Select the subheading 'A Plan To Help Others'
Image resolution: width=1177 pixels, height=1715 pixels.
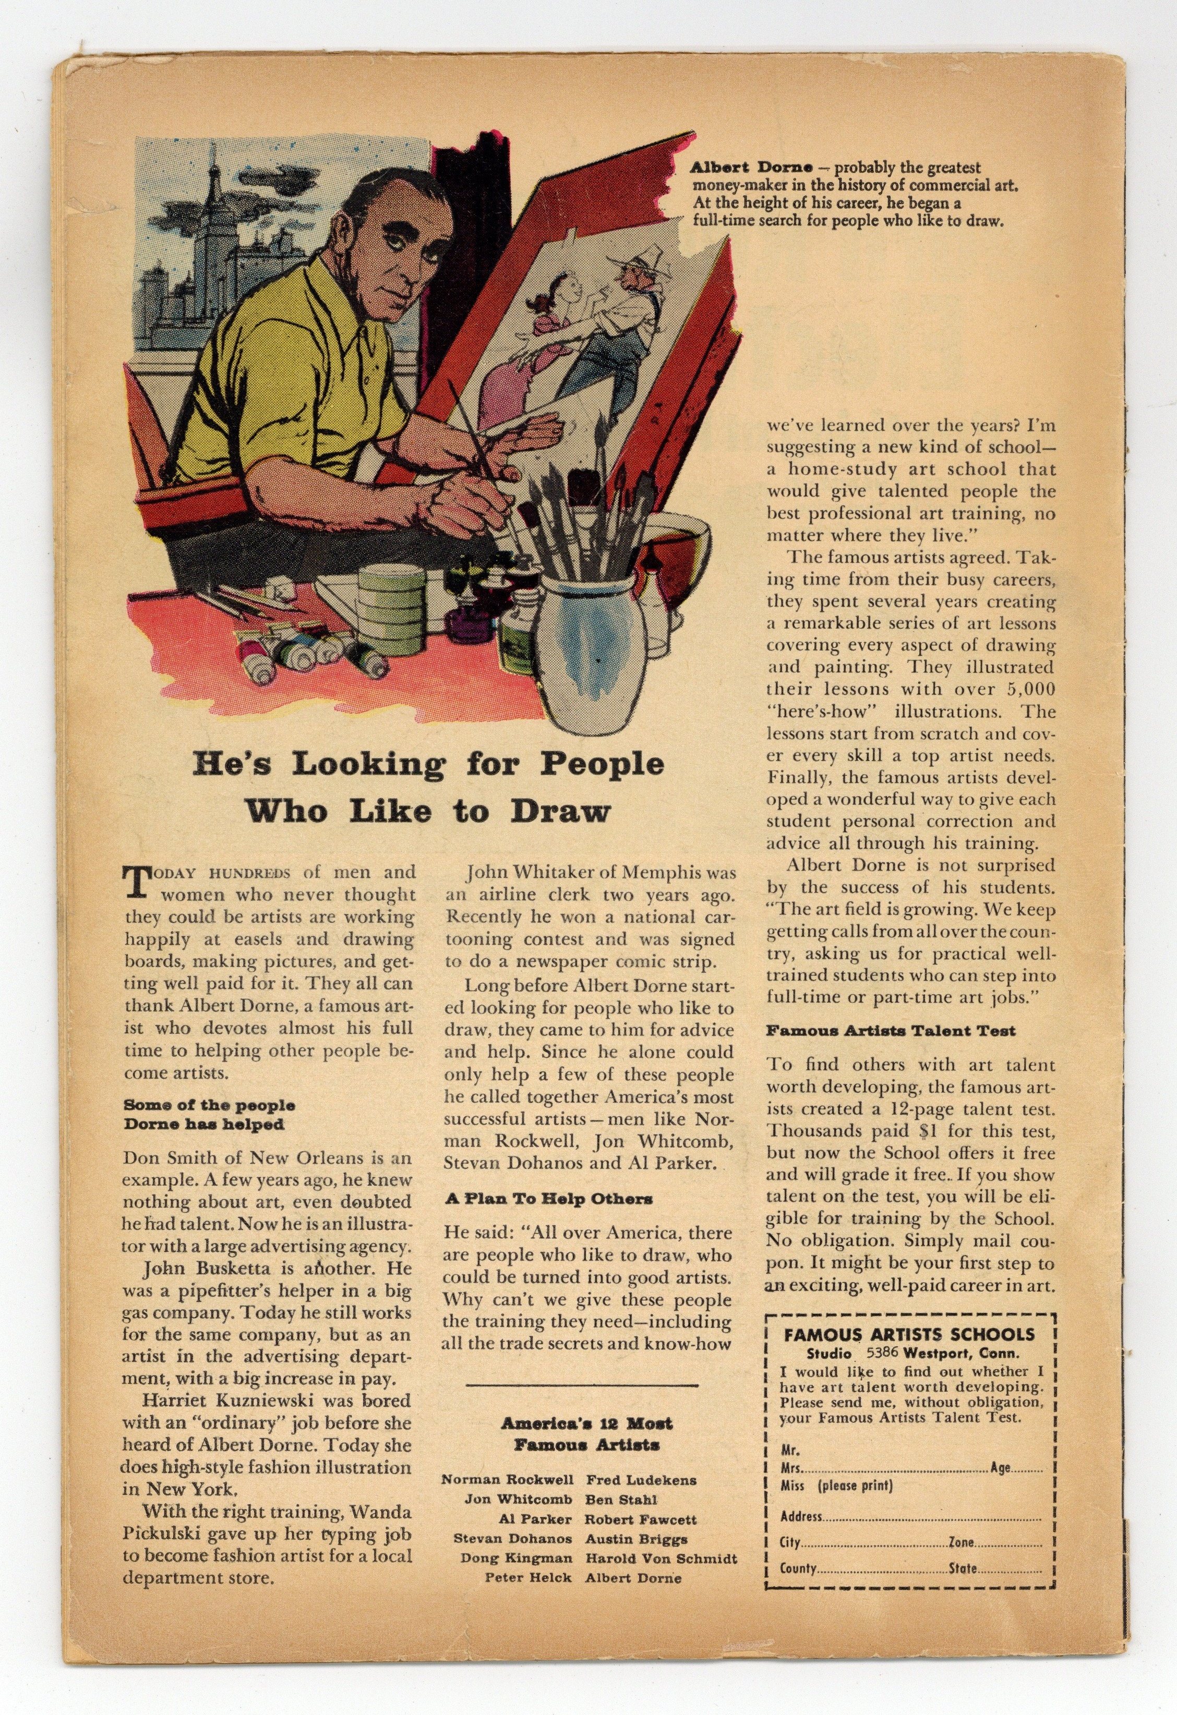pyautogui.click(x=548, y=1199)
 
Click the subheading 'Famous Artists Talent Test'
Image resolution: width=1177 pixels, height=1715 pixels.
pyautogui.click(x=890, y=1031)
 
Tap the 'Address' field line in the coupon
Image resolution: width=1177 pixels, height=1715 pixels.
pyautogui.click(x=910, y=1516)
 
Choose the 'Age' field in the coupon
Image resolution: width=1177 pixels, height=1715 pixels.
pyautogui.click(x=1016, y=1468)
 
